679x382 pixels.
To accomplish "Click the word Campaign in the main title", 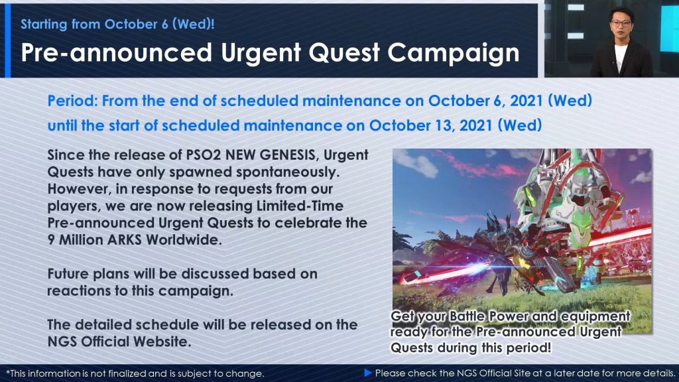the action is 454,53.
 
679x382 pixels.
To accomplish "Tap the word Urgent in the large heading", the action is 261,53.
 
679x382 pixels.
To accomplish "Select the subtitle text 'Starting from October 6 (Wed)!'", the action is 118,24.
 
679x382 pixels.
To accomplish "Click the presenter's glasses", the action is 621,23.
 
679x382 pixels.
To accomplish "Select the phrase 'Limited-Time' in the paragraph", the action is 300,206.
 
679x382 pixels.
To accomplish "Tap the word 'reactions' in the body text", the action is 80,290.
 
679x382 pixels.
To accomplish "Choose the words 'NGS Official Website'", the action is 119,342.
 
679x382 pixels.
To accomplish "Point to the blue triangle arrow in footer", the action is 368,373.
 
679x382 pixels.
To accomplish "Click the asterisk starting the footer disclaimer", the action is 8,372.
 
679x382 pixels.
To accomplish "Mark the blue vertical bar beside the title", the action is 7,40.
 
